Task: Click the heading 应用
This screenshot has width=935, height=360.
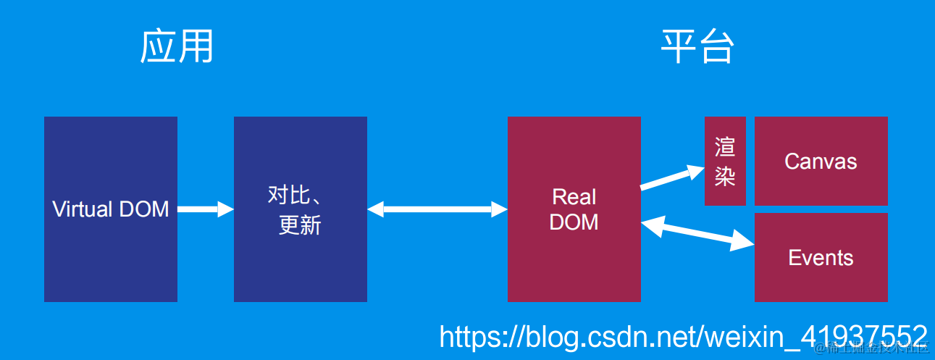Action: [177, 47]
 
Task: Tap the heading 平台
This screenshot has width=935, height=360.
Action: [697, 47]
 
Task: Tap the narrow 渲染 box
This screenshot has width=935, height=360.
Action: [725, 161]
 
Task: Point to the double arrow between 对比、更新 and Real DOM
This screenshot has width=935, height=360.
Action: [437, 209]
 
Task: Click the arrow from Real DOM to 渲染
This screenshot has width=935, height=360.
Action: [672, 177]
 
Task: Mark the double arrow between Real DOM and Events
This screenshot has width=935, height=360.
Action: [697, 234]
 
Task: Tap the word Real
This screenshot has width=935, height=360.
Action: [574, 197]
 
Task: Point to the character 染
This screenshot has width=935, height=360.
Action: [725, 175]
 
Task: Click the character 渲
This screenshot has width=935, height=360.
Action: [725, 147]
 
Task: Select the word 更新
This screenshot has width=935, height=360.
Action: [300, 225]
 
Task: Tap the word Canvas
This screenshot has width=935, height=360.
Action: [821, 161]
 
